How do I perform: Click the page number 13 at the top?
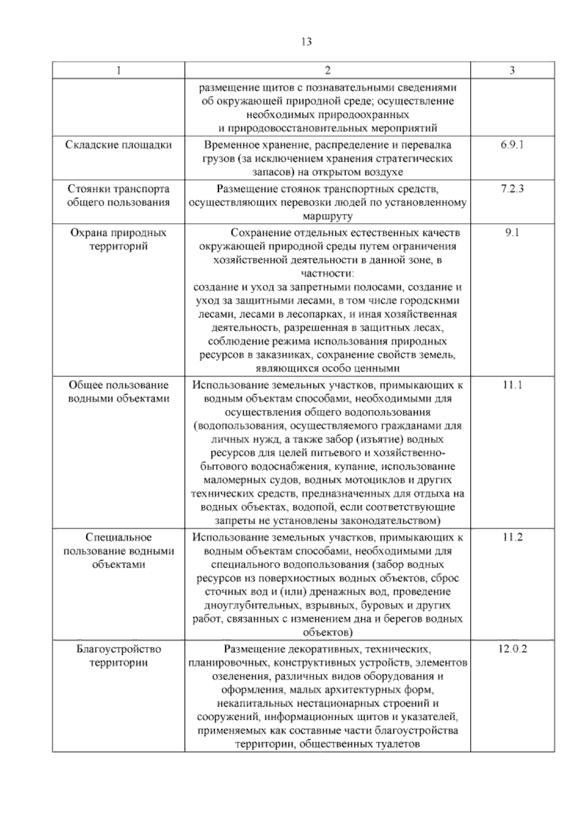[307, 41]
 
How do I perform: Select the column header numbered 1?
[118, 70]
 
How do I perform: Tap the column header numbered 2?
[328, 70]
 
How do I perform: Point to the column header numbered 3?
[512, 70]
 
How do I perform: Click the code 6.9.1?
[512, 145]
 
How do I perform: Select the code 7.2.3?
[512, 189]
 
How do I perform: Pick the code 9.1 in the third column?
[512, 233]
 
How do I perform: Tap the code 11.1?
[512, 385]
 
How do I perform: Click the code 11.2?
[512, 537]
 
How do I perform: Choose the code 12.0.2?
[512, 649]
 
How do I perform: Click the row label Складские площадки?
[118, 145]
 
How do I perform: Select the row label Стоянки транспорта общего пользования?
[118, 196]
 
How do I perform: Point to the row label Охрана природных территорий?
[118, 239]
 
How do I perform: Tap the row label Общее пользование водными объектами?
[118, 392]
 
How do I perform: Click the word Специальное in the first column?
[118, 537]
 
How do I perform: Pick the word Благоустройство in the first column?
[118, 649]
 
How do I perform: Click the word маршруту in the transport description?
[328, 216]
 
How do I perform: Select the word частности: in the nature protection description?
[328, 274]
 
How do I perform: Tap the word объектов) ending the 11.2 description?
[328, 633]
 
